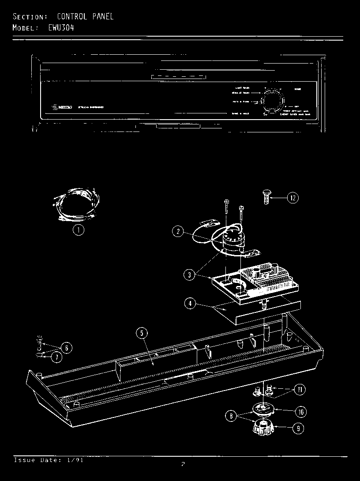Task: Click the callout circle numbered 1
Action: coord(79,229)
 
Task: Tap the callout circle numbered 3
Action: coord(189,274)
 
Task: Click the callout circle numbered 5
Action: coord(142,334)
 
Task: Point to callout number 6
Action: coord(66,348)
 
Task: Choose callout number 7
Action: coord(56,357)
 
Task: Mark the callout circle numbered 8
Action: coord(231,415)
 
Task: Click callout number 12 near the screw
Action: coord(293,198)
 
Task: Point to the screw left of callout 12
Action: coord(266,197)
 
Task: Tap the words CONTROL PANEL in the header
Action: coord(85,17)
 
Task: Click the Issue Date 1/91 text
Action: coord(49,460)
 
